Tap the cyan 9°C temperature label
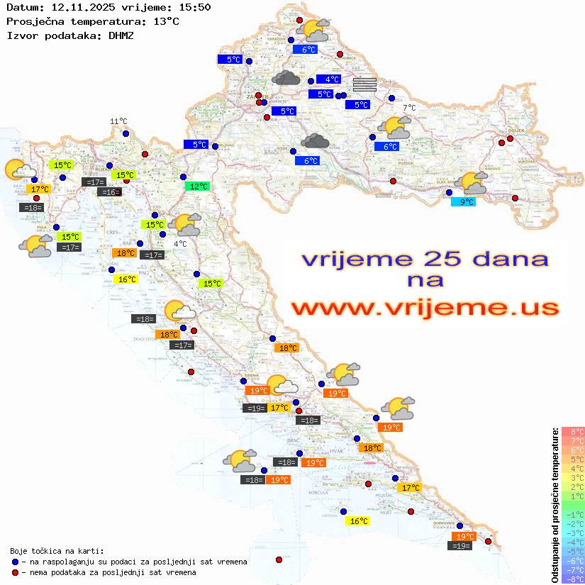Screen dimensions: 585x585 pyautogui.click(x=464, y=201)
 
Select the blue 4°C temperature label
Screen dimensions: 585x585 pyautogui.click(x=328, y=79)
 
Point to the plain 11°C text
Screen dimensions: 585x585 pyautogui.click(x=118, y=121)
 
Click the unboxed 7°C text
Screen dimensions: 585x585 pyautogui.click(x=410, y=108)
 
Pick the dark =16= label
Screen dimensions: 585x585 pyautogui.click(x=109, y=192)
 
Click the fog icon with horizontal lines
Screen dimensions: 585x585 pyautogui.click(x=364, y=85)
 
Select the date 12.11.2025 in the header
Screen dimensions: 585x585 pyautogui.click(x=77, y=7)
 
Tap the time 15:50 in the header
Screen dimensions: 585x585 pyautogui.click(x=194, y=7)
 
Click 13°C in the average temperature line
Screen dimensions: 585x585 pyautogui.click(x=166, y=21)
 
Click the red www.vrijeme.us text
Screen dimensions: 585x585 pyautogui.click(x=425, y=308)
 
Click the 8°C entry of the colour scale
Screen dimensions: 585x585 pyautogui.click(x=572, y=432)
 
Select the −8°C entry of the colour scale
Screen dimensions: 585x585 pyautogui.click(x=572, y=579)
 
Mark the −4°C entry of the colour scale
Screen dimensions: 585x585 pyautogui.click(x=572, y=542)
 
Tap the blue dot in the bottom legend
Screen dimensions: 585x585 pyautogui.click(x=15, y=562)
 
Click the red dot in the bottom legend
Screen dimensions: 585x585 pyautogui.click(x=15, y=572)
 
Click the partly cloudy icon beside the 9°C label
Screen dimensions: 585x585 pyautogui.click(x=474, y=183)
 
